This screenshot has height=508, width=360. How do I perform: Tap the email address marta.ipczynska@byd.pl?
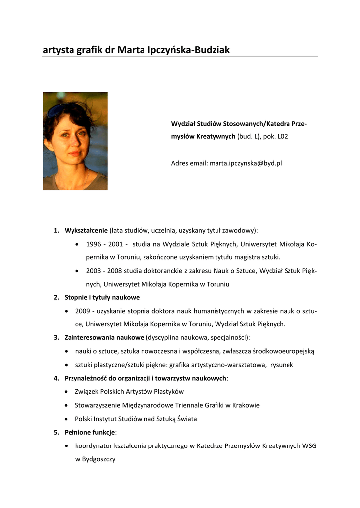coord(245,163)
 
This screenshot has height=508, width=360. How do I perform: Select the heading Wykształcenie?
coord(86,230)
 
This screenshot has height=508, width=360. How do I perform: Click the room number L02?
coord(282,136)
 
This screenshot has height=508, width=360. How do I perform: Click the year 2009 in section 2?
coord(83,311)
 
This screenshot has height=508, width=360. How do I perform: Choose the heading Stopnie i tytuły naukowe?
coord(102,297)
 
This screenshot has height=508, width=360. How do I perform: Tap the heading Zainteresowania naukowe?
coord(104,338)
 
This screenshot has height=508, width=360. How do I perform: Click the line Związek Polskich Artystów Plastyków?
coord(129,392)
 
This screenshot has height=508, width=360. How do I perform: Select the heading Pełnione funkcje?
coord(89,432)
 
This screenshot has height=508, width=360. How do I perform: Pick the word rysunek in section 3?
coord(282,365)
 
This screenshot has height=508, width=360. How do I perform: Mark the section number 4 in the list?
coord(56,378)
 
